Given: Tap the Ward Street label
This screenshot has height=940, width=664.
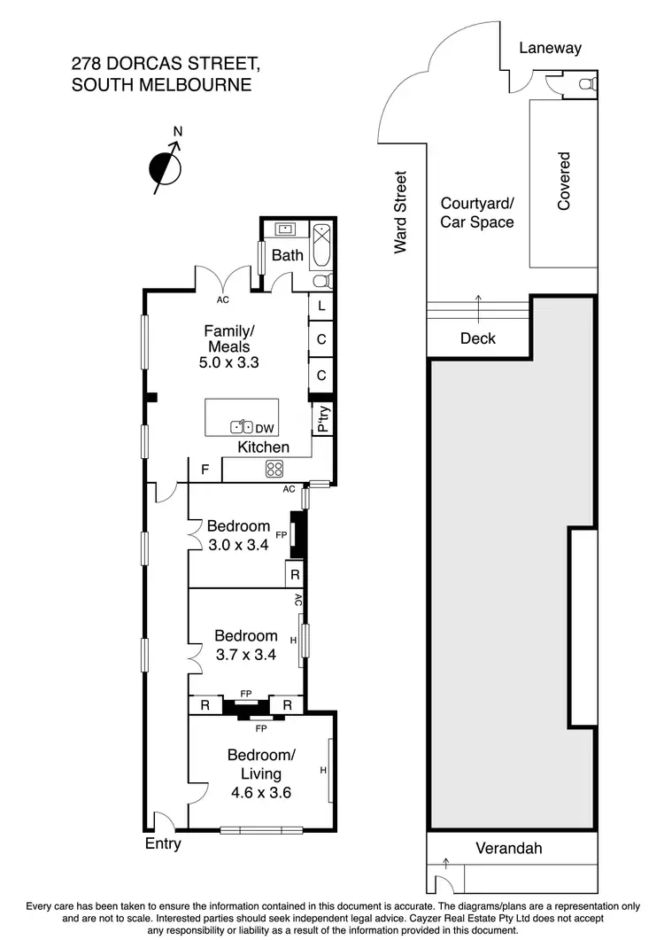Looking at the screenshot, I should click(x=401, y=213).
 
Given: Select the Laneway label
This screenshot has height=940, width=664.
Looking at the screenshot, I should click(x=550, y=48).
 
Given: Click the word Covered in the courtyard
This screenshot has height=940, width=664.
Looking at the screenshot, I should click(x=564, y=181).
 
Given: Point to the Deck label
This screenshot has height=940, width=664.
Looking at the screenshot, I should click(x=478, y=338).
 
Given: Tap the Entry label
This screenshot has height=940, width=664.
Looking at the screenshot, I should click(x=163, y=843).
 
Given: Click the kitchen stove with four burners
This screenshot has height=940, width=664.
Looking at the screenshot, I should click(x=274, y=470).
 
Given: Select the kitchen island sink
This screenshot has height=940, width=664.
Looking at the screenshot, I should click(x=242, y=425).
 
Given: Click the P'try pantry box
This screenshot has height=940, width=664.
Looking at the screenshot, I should click(x=323, y=418).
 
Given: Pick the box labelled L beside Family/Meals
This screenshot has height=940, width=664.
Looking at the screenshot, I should click(x=321, y=306).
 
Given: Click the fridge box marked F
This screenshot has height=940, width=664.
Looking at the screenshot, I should click(x=205, y=470).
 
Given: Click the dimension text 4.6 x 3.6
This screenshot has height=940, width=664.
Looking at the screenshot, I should click(x=261, y=792).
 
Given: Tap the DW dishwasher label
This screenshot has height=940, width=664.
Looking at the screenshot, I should click(x=264, y=428).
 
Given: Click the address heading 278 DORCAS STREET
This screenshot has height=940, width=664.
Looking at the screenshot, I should click(x=166, y=65).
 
